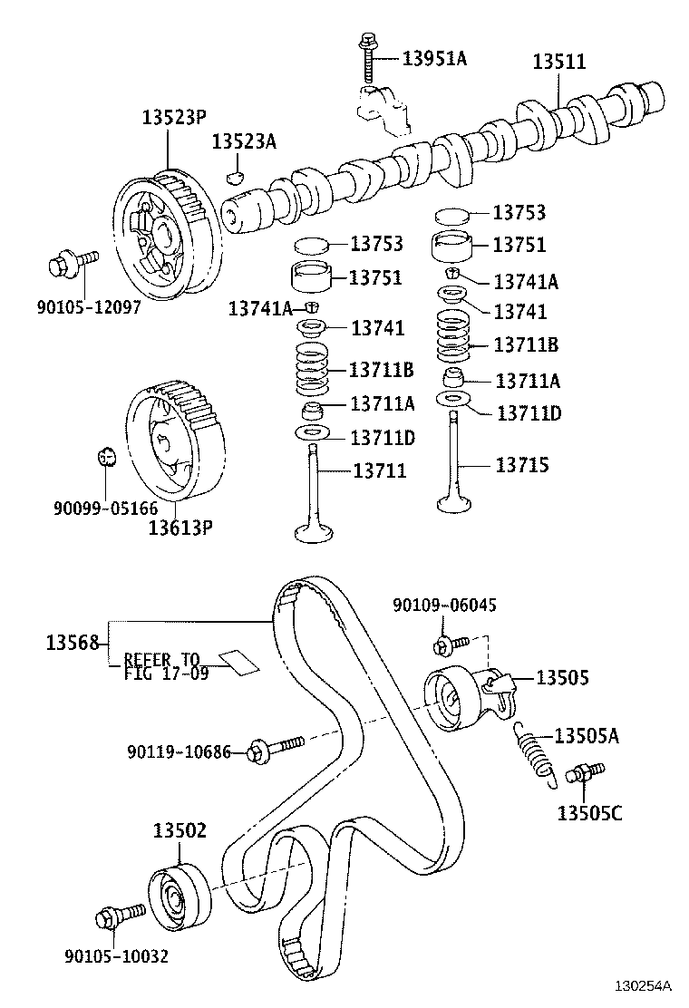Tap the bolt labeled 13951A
[369, 58]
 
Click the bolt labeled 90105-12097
[70, 266]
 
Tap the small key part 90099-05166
[106, 455]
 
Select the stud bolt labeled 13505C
[581, 774]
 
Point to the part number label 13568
[71, 643]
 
